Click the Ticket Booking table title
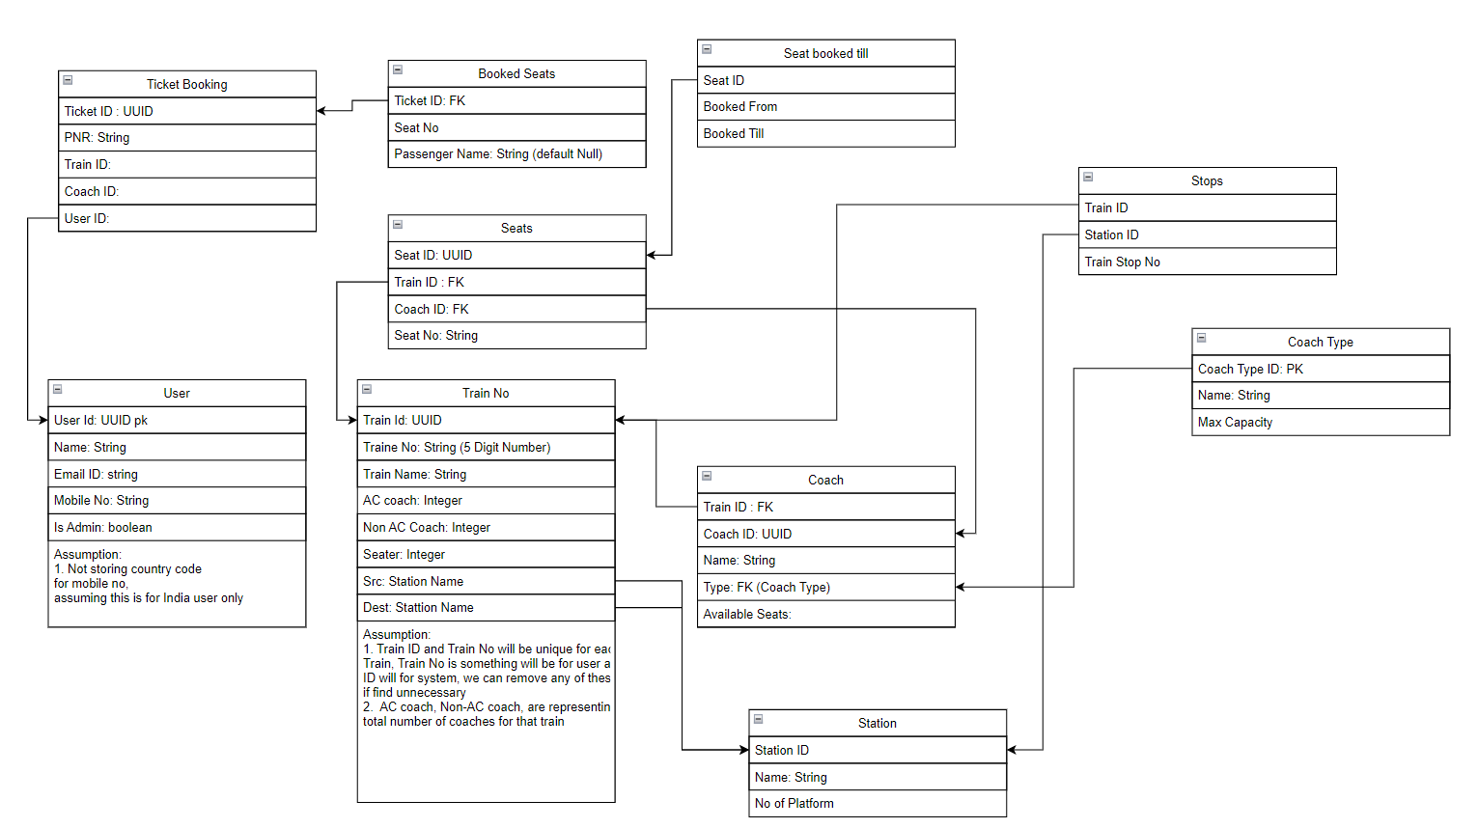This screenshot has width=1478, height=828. (x=186, y=84)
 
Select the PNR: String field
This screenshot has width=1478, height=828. (x=186, y=138)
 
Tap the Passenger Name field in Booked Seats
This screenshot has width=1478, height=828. (x=516, y=154)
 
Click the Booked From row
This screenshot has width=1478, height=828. (x=825, y=107)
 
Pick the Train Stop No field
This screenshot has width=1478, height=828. (x=1207, y=262)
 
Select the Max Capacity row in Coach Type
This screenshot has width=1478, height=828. (x=1320, y=423)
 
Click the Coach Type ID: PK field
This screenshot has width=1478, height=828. (x=1320, y=369)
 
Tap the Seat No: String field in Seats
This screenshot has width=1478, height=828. (x=516, y=336)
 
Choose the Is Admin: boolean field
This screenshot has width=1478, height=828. (x=177, y=528)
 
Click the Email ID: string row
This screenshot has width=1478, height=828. (x=177, y=474)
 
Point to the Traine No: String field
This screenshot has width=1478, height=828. (x=486, y=447)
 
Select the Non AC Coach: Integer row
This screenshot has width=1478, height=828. (x=486, y=528)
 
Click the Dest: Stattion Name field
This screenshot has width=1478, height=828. (x=486, y=608)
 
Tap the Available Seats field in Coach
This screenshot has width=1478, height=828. (x=825, y=615)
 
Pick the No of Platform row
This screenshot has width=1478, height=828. (x=877, y=804)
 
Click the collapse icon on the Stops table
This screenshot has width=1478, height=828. (x=1088, y=178)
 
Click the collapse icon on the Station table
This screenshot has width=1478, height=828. (x=759, y=720)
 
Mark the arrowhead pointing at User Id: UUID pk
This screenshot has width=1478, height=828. (x=42, y=420)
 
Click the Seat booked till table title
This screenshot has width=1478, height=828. (x=825, y=54)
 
